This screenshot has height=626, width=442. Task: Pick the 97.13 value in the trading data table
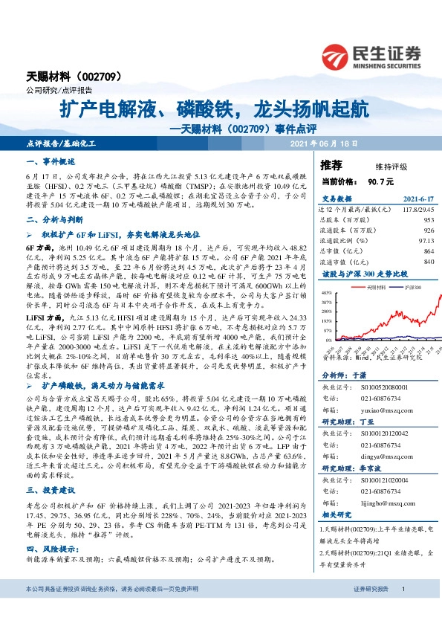tap(425, 241)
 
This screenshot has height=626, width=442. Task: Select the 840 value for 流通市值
tap(428, 262)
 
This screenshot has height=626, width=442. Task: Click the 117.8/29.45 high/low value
tap(417, 210)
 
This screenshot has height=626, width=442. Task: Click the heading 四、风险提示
tap(51, 546)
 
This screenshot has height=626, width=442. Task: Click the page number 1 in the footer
tap(402, 610)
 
